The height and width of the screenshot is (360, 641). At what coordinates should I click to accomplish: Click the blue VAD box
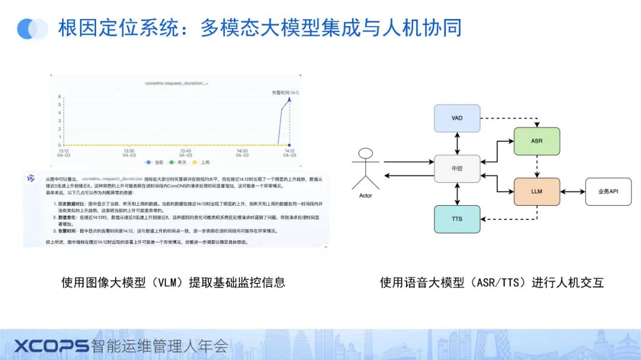point(456,118)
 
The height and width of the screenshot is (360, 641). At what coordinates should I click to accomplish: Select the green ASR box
point(537,141)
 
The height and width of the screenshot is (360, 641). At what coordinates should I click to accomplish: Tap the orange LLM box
point(537,192)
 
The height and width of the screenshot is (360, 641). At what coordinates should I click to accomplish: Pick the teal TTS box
point(456,219)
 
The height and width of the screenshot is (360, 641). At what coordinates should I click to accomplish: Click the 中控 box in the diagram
point(456,168)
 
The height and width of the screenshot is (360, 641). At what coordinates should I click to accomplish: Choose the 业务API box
point(608,192)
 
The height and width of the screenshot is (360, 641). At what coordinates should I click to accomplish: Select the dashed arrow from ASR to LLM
point(537,166)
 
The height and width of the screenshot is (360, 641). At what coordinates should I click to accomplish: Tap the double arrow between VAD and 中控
point(456,143)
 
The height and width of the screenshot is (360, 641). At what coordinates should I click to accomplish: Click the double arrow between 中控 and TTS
point(456,194)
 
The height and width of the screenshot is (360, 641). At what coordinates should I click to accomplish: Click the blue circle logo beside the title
point(33,28)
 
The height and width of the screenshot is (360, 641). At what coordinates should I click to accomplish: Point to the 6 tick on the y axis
point(59,97)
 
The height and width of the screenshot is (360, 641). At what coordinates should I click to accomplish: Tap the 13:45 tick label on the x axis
point(186,153)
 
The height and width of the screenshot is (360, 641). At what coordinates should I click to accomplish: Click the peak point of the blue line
point(288,99)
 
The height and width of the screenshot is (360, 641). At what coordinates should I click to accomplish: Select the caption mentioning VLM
point(173,282)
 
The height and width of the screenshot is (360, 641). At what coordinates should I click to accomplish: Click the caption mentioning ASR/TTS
point(491,282)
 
